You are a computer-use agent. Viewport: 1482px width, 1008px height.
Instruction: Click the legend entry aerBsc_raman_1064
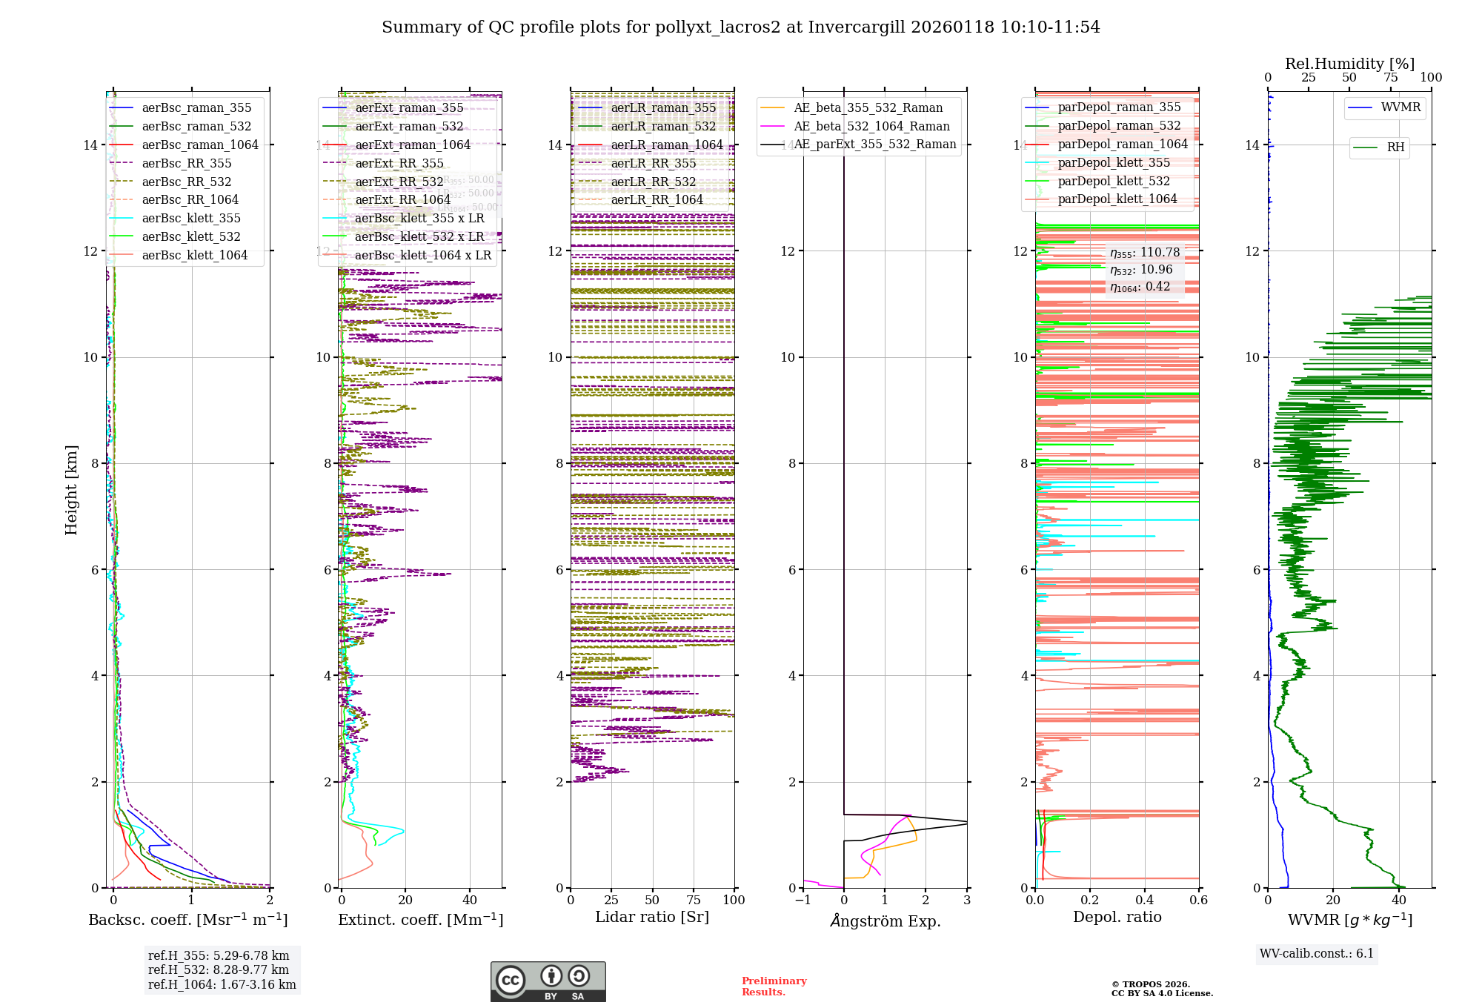[200, 145]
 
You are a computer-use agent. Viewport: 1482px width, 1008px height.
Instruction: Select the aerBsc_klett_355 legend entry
[191, 218]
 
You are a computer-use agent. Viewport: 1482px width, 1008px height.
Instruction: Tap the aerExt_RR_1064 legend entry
[403, 199]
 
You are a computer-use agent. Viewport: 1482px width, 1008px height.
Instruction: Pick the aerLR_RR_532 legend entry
[654, 182]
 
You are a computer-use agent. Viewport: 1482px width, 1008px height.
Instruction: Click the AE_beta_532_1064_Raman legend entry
[871, 126]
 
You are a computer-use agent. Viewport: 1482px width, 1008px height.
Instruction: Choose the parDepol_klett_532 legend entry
[1114, 181]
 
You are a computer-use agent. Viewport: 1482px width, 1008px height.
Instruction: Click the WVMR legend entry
[1400, 107]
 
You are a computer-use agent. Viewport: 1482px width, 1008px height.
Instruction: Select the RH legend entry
[1395, 147]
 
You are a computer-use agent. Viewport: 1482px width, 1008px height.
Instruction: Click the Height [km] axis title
[71, 490]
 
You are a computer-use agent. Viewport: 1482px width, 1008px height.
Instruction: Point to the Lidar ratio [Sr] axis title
[652, 917]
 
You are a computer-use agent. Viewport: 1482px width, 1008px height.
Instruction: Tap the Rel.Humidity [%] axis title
[1349, 64]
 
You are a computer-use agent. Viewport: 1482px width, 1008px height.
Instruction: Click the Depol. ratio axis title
[1117, 917]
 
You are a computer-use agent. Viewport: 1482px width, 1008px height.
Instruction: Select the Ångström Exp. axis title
[885, 921]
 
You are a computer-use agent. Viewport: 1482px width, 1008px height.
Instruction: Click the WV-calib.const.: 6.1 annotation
[1317, 953]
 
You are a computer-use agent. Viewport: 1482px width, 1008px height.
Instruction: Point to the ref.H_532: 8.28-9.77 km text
[219, 969]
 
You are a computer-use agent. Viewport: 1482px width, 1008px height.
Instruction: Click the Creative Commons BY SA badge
[548, 981]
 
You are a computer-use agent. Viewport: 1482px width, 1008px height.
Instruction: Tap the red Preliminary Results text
[774, 986]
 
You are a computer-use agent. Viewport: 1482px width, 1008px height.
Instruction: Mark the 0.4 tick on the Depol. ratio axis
[1144, 900]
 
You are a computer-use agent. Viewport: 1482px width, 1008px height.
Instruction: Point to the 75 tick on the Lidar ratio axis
[694, 900]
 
